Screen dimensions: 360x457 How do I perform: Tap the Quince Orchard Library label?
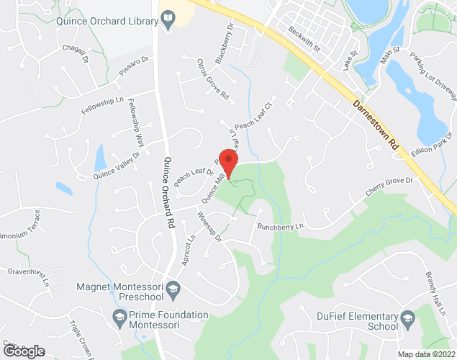click(107, 21)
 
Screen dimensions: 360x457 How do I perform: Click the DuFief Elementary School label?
click(357, 321)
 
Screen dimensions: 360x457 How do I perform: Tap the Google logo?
click(23, 351)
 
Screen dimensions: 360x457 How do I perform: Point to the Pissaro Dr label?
click(134, 66)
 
